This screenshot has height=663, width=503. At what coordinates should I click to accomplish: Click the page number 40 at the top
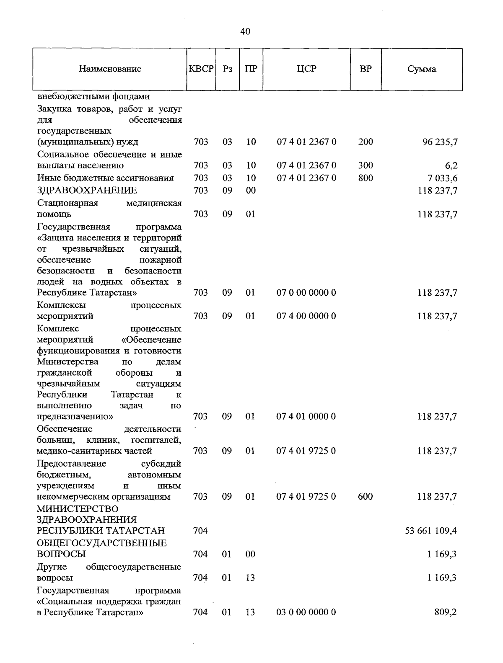click(x=245, y=31)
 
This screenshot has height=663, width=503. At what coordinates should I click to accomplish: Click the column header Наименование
click(x=110, y=69)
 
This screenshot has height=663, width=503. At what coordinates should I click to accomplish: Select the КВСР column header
click(x=201, y=69)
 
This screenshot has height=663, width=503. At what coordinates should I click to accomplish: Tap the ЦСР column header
click(x=306, y=69)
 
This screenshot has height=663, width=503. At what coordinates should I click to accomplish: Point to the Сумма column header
click(x=421, y=69)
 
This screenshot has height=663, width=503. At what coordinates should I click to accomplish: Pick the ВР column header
click(x=366, y=69)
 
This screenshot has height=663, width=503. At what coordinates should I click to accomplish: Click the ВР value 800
click(x=366, y=178)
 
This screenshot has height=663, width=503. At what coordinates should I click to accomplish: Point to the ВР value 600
click(x=366, y=497)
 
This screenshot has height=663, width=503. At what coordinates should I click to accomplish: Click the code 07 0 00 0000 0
click(x=306, y=292)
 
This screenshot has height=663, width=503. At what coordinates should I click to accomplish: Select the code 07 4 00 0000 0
click(x=306, y=316)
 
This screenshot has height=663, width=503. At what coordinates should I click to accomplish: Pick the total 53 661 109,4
click(x=431, y=531)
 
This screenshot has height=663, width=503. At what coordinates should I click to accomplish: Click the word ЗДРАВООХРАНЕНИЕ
click(x=87, y=191)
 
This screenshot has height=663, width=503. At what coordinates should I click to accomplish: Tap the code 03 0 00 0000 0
click(x=306, y=612)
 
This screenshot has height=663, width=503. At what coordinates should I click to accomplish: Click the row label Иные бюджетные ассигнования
click(x=105, y=178)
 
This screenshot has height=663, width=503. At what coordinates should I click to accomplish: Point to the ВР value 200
click(x=366, y=142)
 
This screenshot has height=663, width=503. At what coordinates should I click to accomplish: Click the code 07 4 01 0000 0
click(x=306, y=416)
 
